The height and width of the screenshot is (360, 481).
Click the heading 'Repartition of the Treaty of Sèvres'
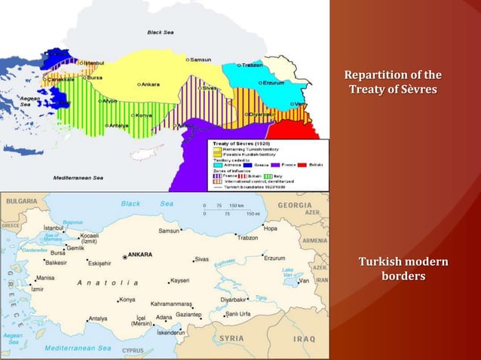[392, 83]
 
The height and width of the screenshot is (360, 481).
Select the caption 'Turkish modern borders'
[403, 269]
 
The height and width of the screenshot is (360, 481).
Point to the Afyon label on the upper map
[109, 101]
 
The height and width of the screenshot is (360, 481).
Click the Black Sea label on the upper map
[160, 32]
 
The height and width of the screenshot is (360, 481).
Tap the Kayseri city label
[179, 280]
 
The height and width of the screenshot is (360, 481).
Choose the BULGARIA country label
[21, 202]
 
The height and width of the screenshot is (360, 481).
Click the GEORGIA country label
[294, 204]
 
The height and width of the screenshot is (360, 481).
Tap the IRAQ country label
[304, 339]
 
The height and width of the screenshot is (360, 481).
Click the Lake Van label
[287, 273]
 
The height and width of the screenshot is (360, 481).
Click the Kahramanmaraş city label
[176, 304]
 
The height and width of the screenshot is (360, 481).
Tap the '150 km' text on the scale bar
[236, 205]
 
